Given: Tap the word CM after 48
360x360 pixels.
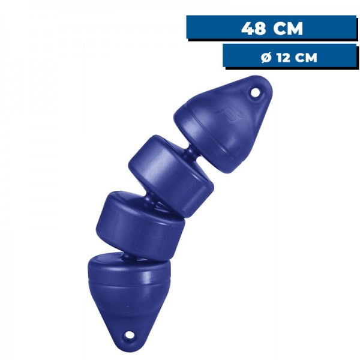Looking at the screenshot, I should click(x=287, y=28).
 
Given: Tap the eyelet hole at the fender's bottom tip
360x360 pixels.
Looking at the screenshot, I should click(x=128, y=335).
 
